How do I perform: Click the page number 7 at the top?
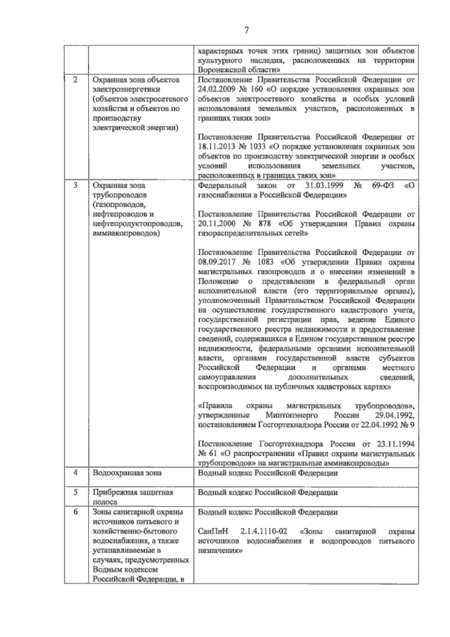246,30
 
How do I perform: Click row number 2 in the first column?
75,80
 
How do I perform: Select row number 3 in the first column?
75,185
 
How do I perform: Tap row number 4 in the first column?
75,473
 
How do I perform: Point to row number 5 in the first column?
75,492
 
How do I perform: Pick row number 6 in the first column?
75,511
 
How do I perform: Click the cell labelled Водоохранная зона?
127,473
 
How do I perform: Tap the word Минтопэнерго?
292,416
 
